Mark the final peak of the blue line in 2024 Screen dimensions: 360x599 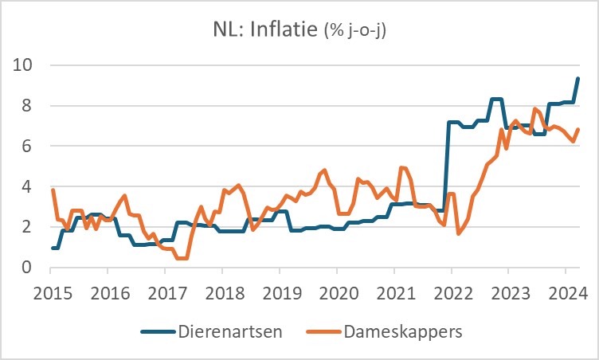[x=577, y=78]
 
